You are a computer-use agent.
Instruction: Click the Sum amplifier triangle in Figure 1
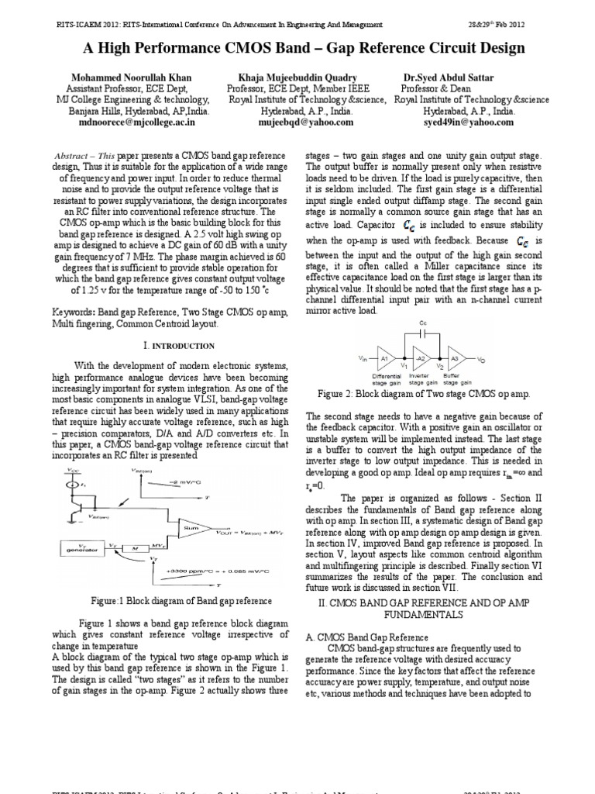[188, 529]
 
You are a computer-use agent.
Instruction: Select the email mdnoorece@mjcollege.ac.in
[132, 122]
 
